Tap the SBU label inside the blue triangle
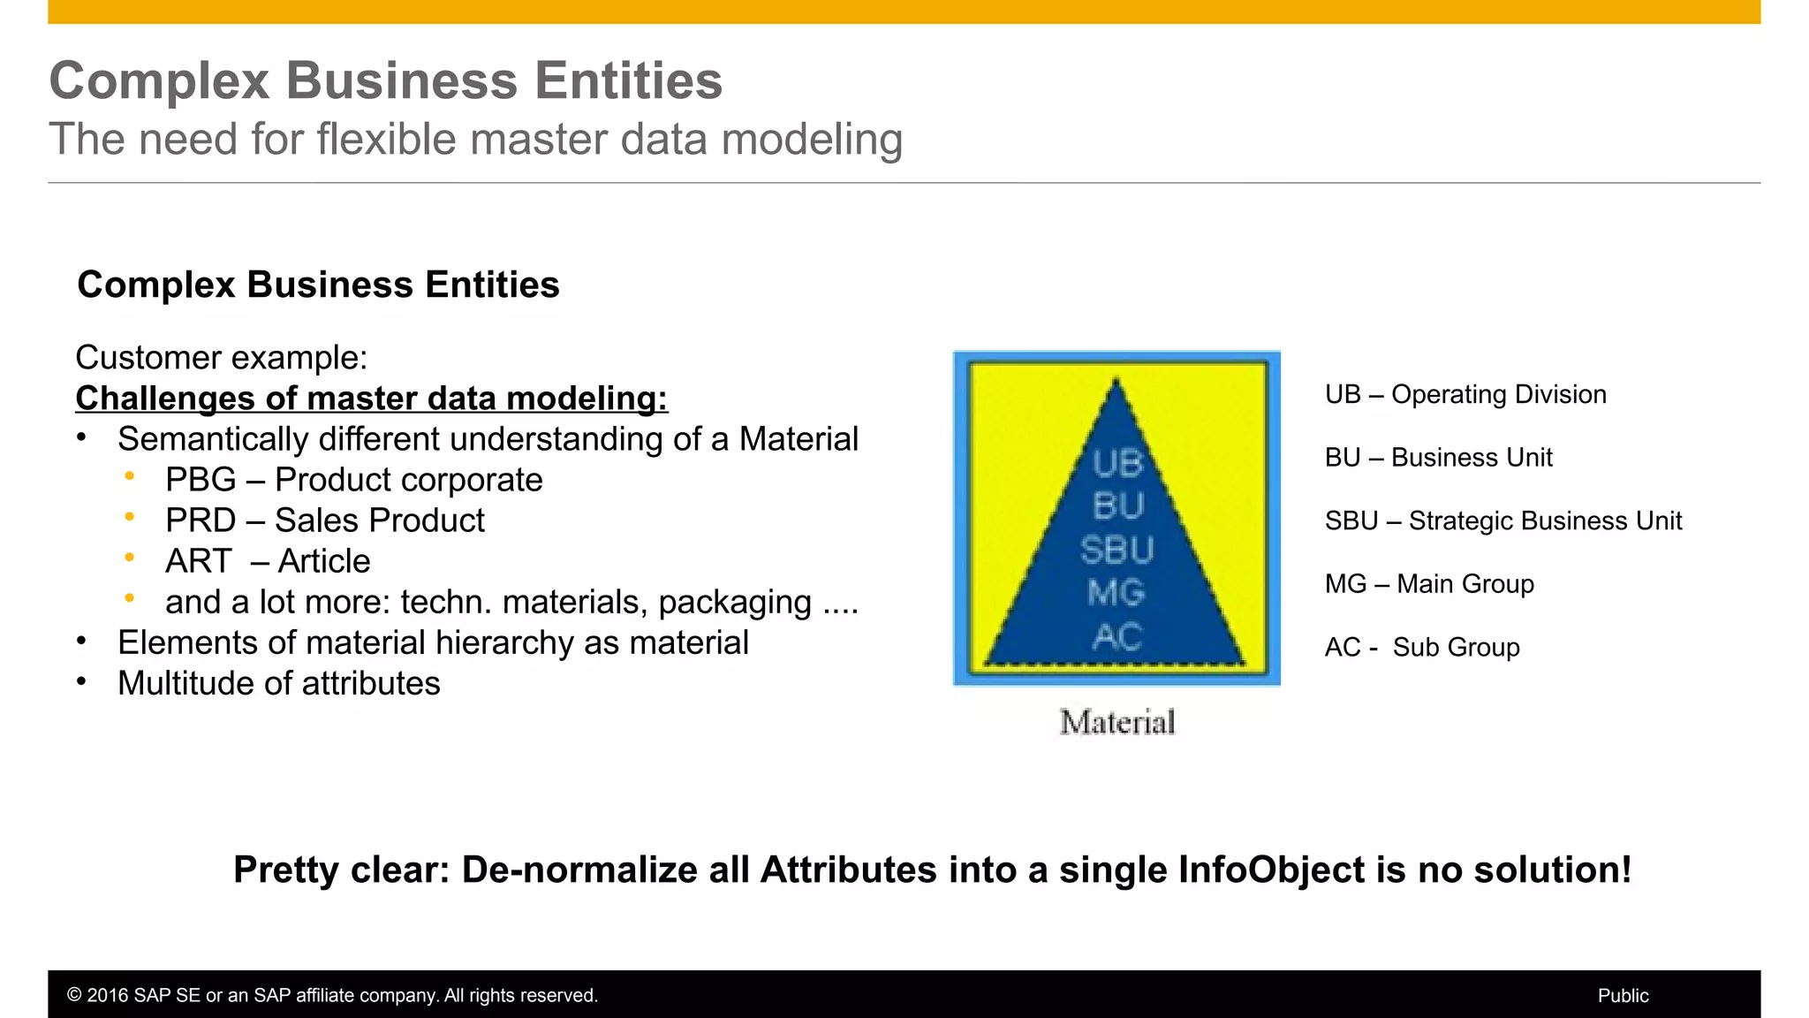pyautogui.click(x=1116, y=551)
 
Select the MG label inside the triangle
pyautogui.click(x=1116, y=593)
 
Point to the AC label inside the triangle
pyautogui.click(x=1116, y=636)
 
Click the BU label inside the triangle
pyautogui.click(x=1117, y=506)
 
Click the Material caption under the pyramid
pyautogui.click(x=1117, y=722)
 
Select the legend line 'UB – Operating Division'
pyautogui.click(x=1465, y=394)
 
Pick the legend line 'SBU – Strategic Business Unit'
pyautogui.click(x=1502, y=520)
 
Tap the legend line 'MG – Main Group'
pyautogui.click(x=1428, y=584)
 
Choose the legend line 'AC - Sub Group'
pyautogui.click(x=1421, y=647)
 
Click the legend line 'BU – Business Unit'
pyautogui.click(x=1438, y=458)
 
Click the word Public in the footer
pyautogui.click(x=1623, y=995)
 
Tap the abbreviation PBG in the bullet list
pyautogui.click(x=201, y=480)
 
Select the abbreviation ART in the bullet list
pyautogui.click(x=198, y=561)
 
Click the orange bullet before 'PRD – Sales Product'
pyautogui.click(x=130, y=517)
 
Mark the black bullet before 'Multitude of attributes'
pyautogui.click(x=81, y=680)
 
